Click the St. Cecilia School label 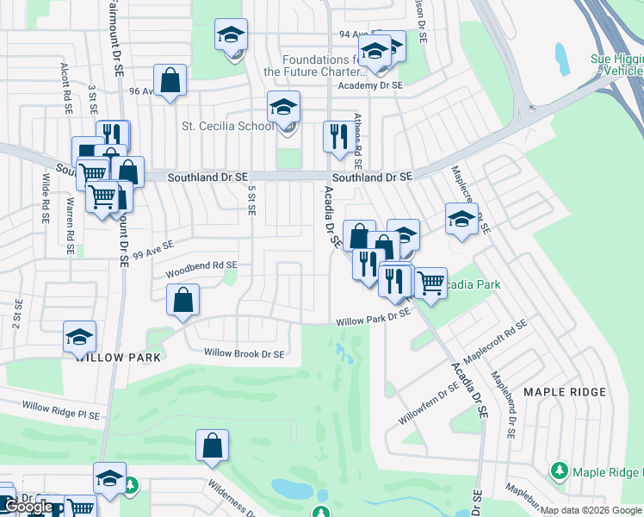point(227,126)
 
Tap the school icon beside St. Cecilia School point(283,107)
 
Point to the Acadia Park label point(471,284)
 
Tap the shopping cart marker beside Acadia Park point(430,281)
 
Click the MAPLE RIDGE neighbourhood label point(563,392)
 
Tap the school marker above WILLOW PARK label point(79,336)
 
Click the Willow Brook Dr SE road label point(244,353)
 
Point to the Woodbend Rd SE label point(201,265)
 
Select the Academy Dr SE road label point(370,85)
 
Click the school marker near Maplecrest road point(461,218)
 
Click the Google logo point(28,507)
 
